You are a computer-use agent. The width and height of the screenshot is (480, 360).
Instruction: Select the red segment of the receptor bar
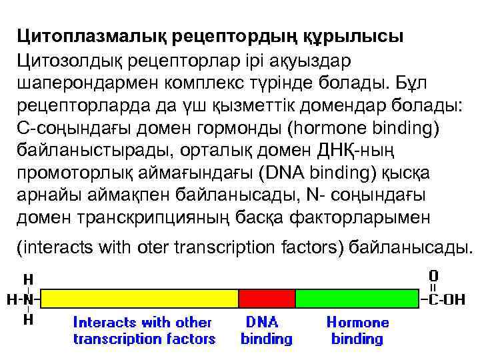267,298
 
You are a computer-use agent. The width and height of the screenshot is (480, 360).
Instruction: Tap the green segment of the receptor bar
357,298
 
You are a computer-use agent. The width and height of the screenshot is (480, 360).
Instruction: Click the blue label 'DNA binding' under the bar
266,330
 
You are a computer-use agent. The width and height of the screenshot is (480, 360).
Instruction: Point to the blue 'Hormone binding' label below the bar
357,330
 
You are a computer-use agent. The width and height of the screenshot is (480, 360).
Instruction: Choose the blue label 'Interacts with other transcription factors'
144,330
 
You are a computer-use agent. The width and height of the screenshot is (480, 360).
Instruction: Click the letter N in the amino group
28,299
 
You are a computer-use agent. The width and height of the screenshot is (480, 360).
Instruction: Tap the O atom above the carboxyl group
433,275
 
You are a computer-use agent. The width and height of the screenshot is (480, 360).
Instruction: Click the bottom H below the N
29,320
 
